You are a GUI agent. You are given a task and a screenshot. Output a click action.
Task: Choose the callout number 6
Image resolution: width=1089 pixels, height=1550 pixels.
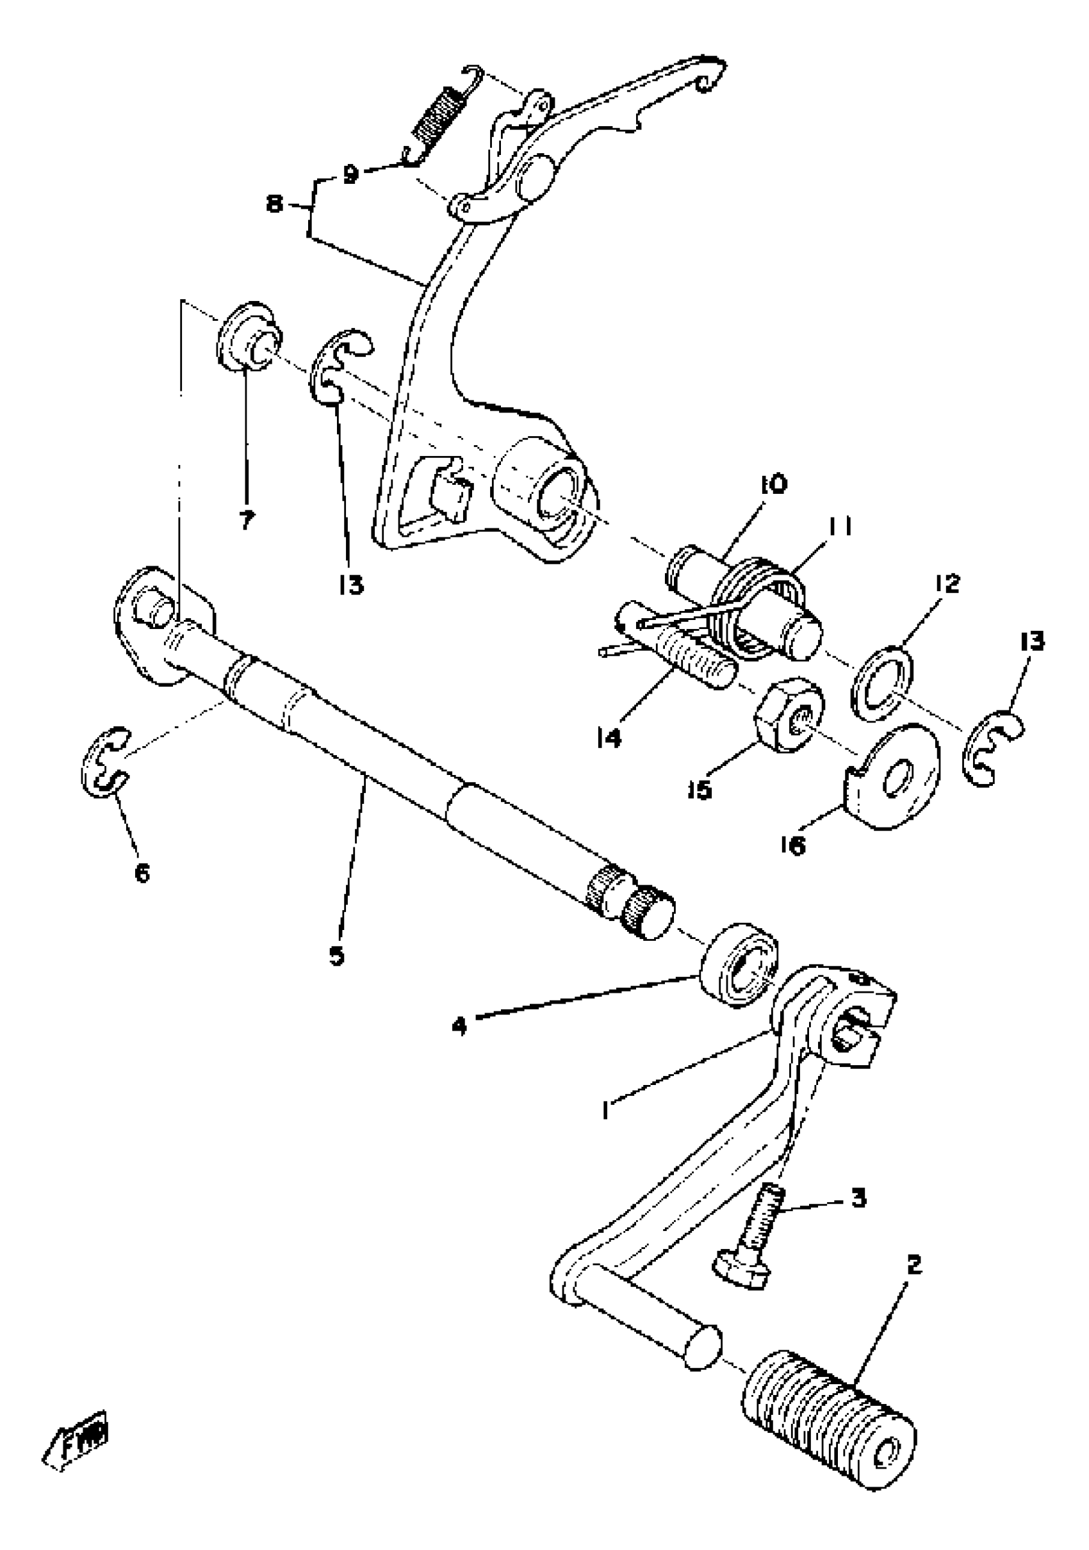coord(142,874)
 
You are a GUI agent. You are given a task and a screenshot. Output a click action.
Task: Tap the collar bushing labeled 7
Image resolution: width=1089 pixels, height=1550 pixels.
coord(248,337)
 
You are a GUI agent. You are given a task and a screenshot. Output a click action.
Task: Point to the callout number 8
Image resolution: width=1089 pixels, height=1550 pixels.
coord(274,203)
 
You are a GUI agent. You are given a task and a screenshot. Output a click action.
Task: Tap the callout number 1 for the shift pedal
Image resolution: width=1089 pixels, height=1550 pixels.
coord(607,1109)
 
